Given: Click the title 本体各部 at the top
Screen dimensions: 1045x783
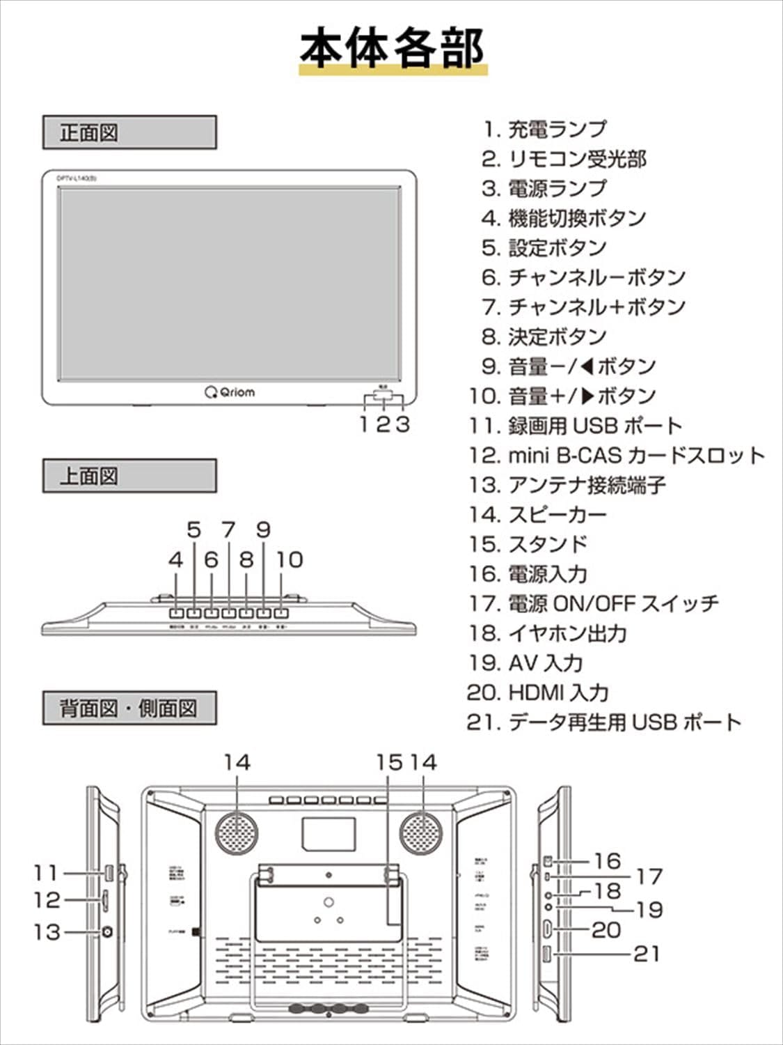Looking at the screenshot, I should click(x=392, y=49).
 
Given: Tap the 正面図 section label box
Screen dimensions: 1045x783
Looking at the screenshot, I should click(x=129, y=132).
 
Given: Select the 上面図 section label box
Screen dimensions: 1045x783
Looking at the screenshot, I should click(x=129, y=477).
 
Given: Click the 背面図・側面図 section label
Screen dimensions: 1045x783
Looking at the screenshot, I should click(x=129, y=709).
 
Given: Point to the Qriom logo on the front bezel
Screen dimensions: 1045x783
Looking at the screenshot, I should click(x=230, y=392).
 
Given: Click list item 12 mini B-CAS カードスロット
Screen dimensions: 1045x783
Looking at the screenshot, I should click(x=616, y=456).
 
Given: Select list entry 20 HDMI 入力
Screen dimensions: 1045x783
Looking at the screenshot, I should click(x=538, y=692).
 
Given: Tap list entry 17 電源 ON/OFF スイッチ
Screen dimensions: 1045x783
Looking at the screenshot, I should click(x=593, y=603).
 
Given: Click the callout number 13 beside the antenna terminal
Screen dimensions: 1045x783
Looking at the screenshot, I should click(x=47, y=931).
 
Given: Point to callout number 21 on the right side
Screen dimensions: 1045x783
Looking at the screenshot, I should click(x=646, y=953).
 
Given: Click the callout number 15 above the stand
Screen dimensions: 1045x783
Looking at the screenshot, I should click(x=389, y=763).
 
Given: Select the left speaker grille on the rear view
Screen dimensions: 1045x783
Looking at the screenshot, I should click(x=237, y=831).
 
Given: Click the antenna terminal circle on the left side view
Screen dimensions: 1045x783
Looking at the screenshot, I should click(x=107, y=932).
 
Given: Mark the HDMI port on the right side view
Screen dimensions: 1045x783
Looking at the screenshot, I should click(x=548, y=929).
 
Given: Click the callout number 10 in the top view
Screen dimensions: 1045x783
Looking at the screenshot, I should click(x=290, y=559).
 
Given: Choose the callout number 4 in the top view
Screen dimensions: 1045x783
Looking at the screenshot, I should click(x=176, y=559).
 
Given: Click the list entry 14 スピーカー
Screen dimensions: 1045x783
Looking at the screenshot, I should click(x=537, y=515).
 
